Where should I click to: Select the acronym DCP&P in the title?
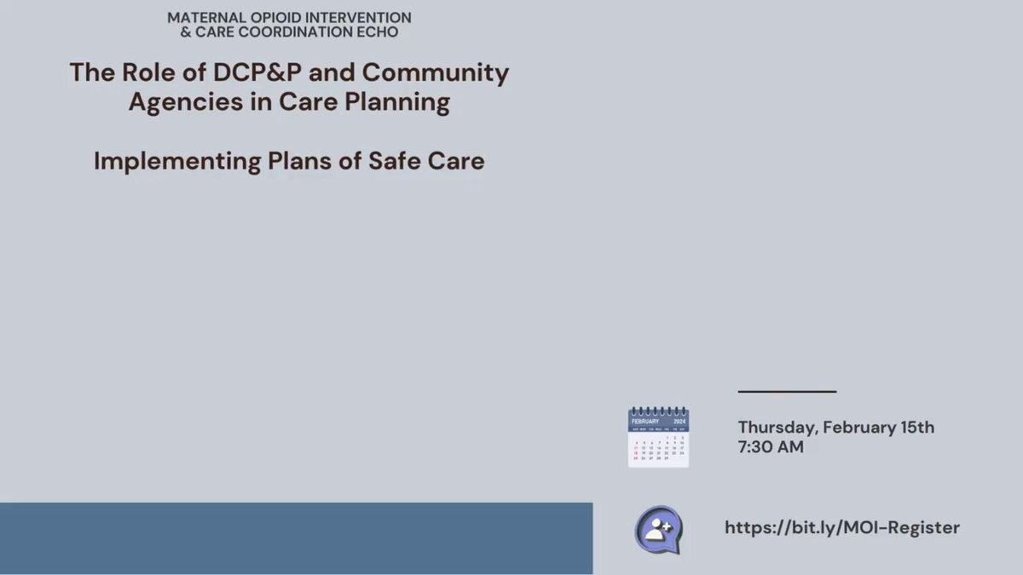(x=257, y=72)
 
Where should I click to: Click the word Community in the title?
(x=436, y=73)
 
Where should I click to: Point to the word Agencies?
(x=186, y=102)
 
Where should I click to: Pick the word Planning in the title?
(x=397, y=102)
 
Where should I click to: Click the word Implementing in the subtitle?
(x=177, y=162)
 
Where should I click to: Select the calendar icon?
(x=658, y=437)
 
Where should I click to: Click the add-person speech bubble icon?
(x=658, y=530)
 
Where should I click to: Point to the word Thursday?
(x=778, y=428)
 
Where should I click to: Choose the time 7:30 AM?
(x=771, y=446)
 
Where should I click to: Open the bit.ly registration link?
(x=842, y=527)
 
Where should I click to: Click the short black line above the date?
(x=787, y=392)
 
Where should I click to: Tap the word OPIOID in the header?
(x=275, y=18)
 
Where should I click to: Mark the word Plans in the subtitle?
(x=299, y=161)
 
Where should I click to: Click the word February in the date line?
(x=859, y=428)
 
